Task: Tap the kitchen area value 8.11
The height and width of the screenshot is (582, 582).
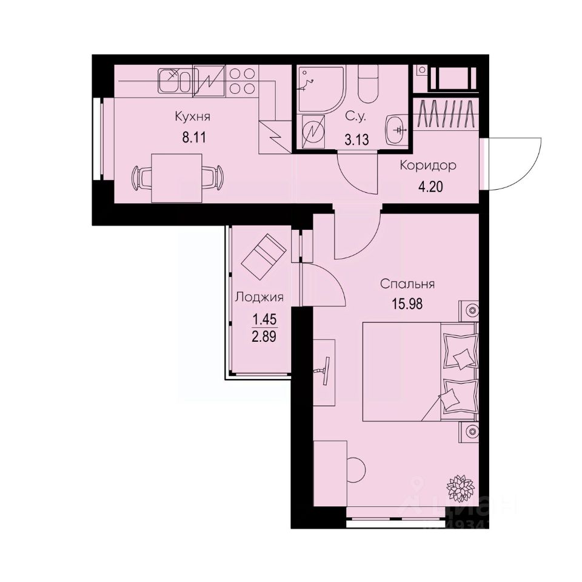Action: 195,136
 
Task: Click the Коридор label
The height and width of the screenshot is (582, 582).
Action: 427,166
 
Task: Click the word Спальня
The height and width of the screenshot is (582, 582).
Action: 408,283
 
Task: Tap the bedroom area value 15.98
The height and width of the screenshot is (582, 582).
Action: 407,303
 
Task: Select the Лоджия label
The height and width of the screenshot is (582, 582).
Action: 259,297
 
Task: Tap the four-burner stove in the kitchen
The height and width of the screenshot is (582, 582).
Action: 242,81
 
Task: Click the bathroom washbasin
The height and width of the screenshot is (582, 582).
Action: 398,129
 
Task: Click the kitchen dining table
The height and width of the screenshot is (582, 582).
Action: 176,178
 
